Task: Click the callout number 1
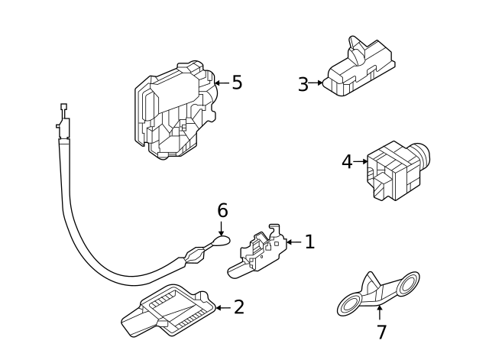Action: pyautogui.click(x=309, y=242)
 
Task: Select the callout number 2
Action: pyautogui.click(x=239, y=307)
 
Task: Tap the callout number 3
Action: pyautogui.click(x=303, y=84)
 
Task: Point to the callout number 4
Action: pyautogui.click(x=347, y=162)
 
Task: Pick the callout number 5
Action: pyautogui.click(x=237, y=83)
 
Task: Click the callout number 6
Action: pyautogui.click(x=222, y=210)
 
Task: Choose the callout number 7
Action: pyautogui.click(x=382, y=332)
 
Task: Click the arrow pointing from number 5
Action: pyautogui.click(x=222, y=83)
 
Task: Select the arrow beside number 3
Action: pyautogui.click(x=316, y=83)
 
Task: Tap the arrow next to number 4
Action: pyautogui.click(x=361, y=161)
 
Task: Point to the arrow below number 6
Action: pyautogui.click(x=221, y=229)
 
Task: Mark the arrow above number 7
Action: pyautogui.click(x=380, y=313)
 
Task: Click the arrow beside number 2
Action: pyautogui.click(x=223, y=307)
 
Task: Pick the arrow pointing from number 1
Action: pyautogui.click(x=293, y=242)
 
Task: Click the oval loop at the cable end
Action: pyautogui.click(x=222, y=240)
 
